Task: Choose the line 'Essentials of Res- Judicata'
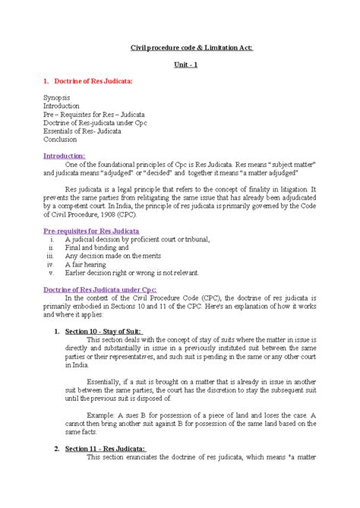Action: [x=86, y=130]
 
